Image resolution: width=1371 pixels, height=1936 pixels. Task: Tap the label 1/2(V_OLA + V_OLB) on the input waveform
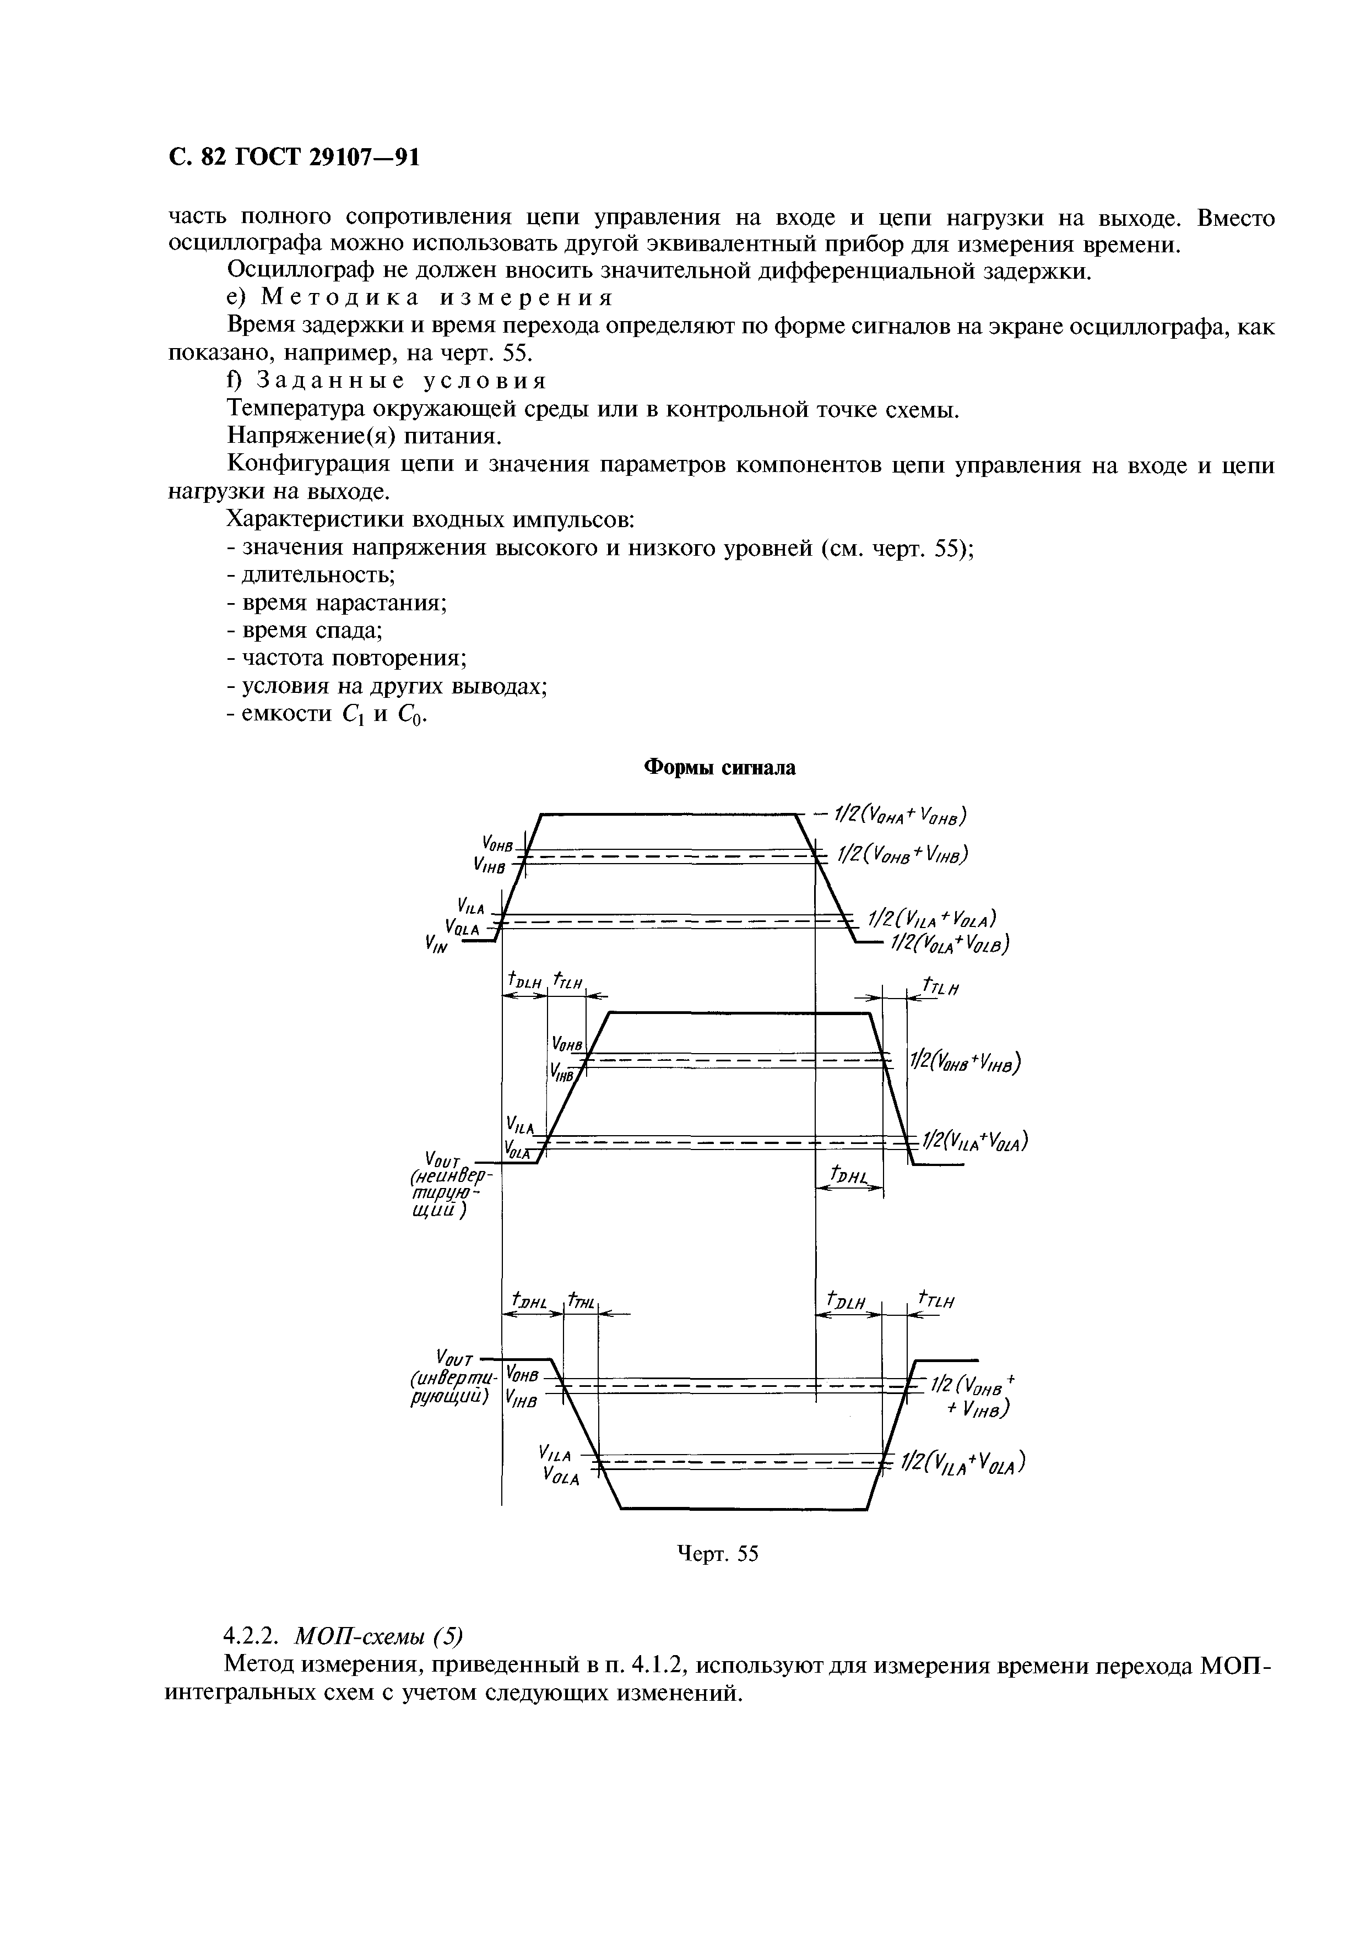pyautogui.click(x=948, y=943)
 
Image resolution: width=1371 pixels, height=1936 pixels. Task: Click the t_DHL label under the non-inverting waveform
pyautogui.click(x=849, y=1175)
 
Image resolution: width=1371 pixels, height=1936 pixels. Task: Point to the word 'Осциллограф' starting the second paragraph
pyautogui.click(x=292, y=271)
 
